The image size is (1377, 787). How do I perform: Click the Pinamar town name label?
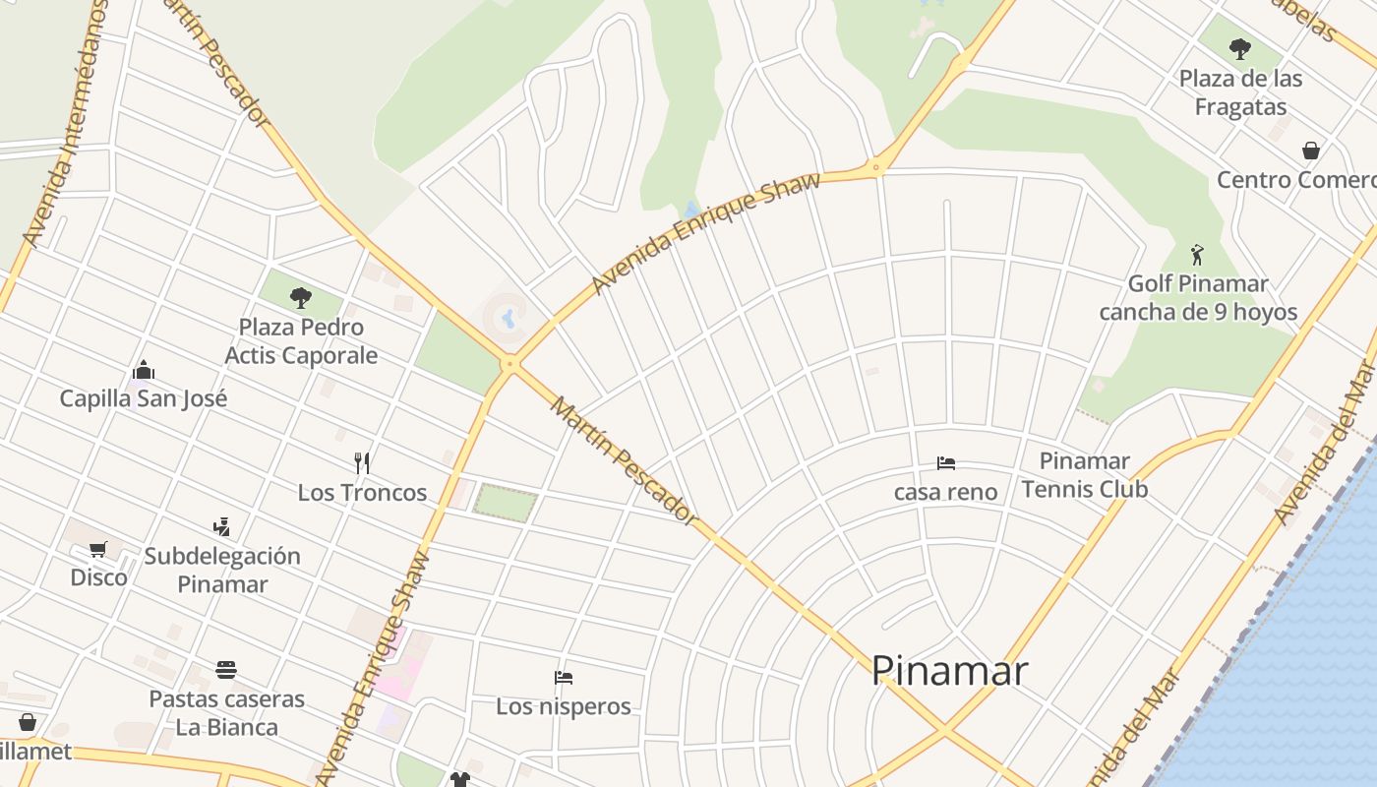pyautogui.click(x=949, y=671)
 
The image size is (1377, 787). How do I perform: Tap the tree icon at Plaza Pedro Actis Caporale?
pyautogui.click(x=301, y=297)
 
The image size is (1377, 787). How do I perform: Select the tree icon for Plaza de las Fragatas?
pyautogui.click(x=1240, y=48)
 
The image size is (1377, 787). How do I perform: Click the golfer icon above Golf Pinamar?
pyautogui.click(x=1197, y=255)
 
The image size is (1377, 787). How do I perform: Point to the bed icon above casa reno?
pyautogui.click(x=946, y=463)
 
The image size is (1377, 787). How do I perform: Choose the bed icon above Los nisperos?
pyautogui.click(x=564, y=678)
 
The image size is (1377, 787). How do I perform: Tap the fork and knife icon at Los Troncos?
pyautogui.click(x=362, y=462)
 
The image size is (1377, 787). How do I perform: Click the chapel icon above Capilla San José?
pyautogui.click(x=144, y=371)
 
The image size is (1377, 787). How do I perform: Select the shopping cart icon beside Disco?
pyautogui.click(x=97, y=549)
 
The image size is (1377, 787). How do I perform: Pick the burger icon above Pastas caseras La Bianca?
pyautogui.click(x=226, y=671)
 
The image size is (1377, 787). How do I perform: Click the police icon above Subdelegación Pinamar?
pyautogui.click(x=222, y=527)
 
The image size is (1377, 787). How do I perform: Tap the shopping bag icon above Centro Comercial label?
pyautogui.click(x=1310, y=151)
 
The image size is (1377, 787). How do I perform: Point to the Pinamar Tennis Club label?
pyautogui.click(x=1084, y=474)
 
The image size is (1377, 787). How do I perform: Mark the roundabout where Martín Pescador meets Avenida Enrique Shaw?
pyautogui.click(x=509, y=364)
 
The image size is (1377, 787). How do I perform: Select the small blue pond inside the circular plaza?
pyautogui.click(x=509, y=318)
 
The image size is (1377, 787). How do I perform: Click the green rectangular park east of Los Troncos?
pyautogui.click(x=506, y=503)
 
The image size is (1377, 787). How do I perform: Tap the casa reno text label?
pyautogui.click(x=945, y=492)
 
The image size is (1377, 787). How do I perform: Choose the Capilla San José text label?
pyautogui.click(x=144, y=398)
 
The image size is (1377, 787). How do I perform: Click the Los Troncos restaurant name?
pyautogui.click(x=362, y=492)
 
